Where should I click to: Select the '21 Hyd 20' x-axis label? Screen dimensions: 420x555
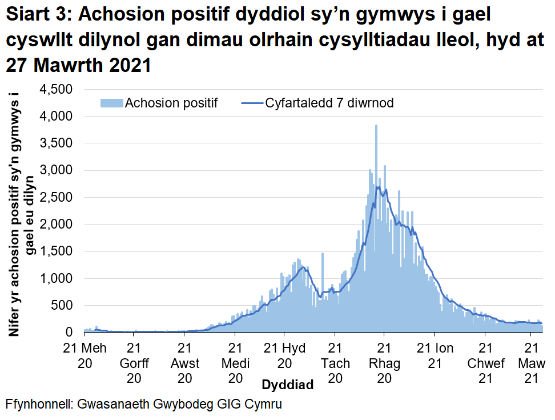284,355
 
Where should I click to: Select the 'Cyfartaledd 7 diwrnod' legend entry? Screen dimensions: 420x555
329,103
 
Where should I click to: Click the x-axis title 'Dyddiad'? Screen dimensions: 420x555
287,385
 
